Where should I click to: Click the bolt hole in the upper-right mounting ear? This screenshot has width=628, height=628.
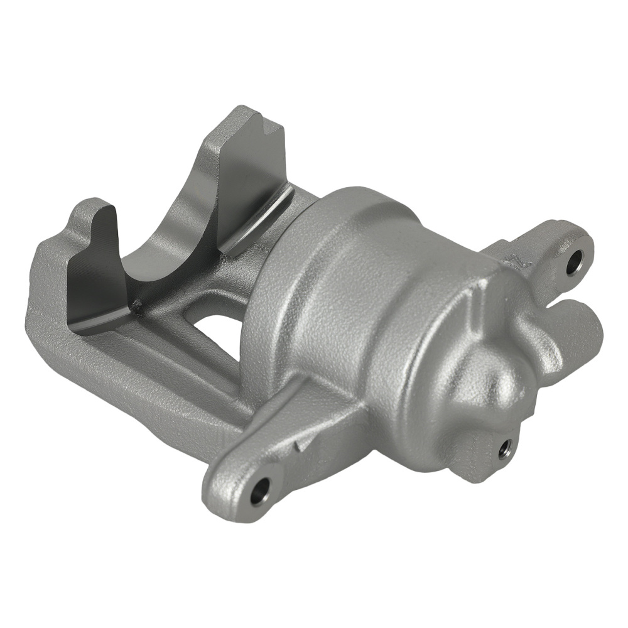pos(574,263)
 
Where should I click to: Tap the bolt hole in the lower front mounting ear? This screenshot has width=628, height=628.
pos(260,491)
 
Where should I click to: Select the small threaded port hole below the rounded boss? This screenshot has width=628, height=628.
pos(504,449)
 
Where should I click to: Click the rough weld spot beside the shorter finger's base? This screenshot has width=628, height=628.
pos(136,306)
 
